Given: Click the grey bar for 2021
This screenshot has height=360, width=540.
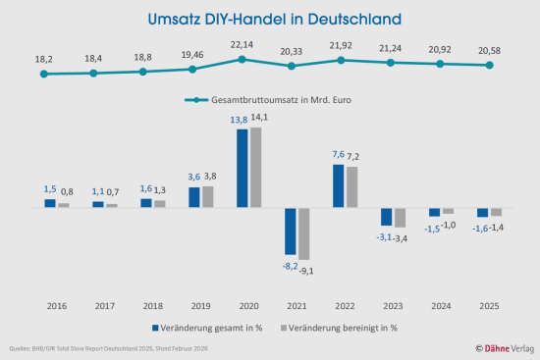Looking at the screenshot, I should [304, 233].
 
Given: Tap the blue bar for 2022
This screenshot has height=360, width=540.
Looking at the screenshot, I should [339, 186].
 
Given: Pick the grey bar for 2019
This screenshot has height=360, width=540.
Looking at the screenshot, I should [207, 196].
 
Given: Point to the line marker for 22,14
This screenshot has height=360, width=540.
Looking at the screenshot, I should [243, 60].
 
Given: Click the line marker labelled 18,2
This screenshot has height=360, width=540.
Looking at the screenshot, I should [44, 74].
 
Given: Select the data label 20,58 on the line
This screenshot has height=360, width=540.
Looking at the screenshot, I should [488, 50].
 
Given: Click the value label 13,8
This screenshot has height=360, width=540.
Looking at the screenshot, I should [238, 120].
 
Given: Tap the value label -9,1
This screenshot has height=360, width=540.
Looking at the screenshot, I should [305, 270].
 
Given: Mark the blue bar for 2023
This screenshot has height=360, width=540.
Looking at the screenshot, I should [387, 217].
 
